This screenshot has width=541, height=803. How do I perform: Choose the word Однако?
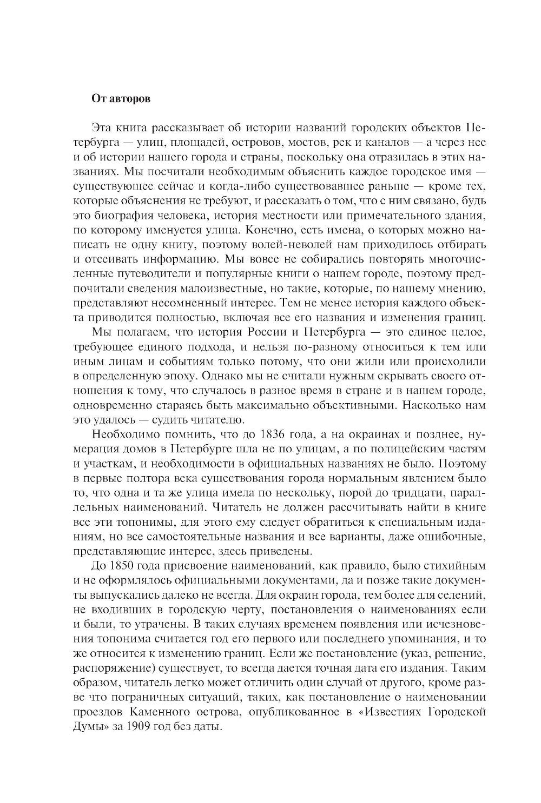pos(207,376)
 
